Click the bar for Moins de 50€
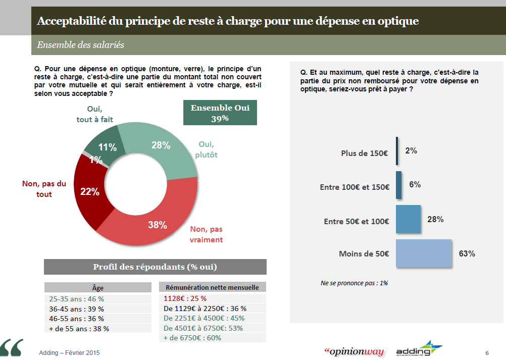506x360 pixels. tap(423, 253)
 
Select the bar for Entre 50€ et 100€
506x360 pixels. tap(408, 219)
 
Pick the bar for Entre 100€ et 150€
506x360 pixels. tap(399, 185)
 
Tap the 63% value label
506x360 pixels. tap(467, 253)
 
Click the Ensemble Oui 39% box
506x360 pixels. tap(220, 113)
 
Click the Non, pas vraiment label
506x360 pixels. tap(206, 234)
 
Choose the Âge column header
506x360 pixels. tap(97, 287)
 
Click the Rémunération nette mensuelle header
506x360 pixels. tap(212, 287)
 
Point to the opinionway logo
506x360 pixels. tap(353, 351)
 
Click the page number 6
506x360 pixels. tap(487, 352)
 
